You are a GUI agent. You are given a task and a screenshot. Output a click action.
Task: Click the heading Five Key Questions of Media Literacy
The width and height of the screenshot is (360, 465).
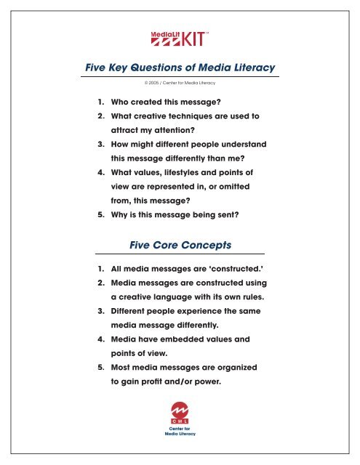point(180,68)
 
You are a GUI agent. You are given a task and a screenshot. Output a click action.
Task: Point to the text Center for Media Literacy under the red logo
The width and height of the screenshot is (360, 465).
point(180,434)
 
